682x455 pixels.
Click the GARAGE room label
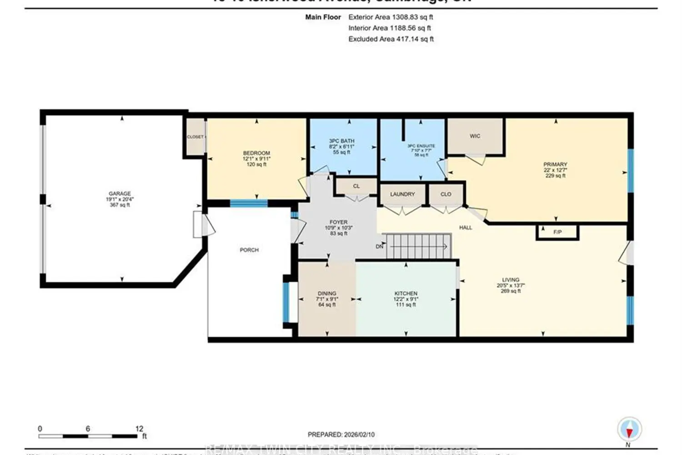[x=120, y=193]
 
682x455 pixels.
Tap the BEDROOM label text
[x=256, y=153]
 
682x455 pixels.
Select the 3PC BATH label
[x=341, y=141]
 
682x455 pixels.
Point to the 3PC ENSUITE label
[x=421, y=146]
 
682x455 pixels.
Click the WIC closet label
[x=475, y=136]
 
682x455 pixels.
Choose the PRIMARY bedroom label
[x=555, y=164]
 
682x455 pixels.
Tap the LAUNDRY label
[x=402, y=194]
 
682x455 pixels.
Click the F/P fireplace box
[x=557, y=232]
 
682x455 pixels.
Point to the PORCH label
[x=249, y=250]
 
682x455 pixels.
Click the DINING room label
[x=327, y=293]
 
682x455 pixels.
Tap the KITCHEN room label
[x=406, y=293]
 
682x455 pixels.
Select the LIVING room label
[x=511, y=280]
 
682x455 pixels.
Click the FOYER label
[x=339, y=222]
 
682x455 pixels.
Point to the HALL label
[x=466, y=227]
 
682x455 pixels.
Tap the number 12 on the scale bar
[x=139, y=429]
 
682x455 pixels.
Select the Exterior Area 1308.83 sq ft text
[x=391, y=17]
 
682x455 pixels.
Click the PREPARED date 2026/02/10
[x=341, y=435]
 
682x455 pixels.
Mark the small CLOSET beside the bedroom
[x=195, y=137]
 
